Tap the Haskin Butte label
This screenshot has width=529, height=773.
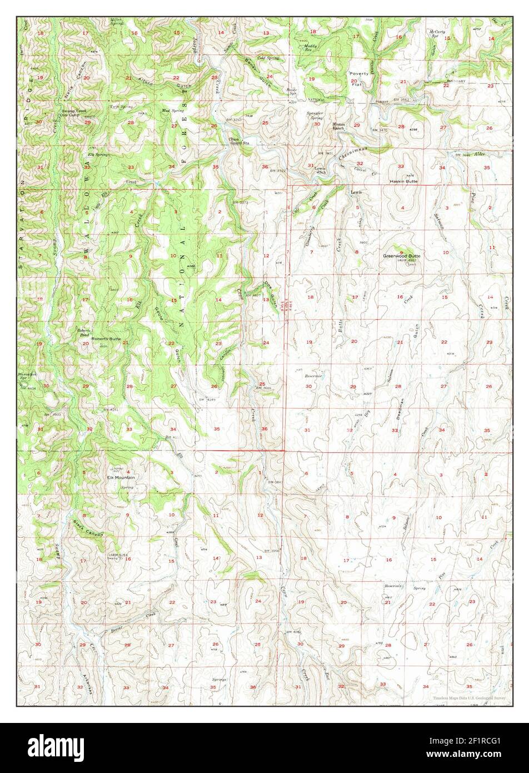point(403,181)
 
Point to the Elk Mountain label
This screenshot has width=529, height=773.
point(121,478)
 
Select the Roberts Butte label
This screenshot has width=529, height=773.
point(106,338)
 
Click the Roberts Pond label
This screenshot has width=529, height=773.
point(83,331)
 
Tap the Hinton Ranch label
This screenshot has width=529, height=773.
point(338,126)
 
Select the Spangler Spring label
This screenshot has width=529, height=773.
point(316,116)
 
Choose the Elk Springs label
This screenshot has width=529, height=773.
point(98,155)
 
